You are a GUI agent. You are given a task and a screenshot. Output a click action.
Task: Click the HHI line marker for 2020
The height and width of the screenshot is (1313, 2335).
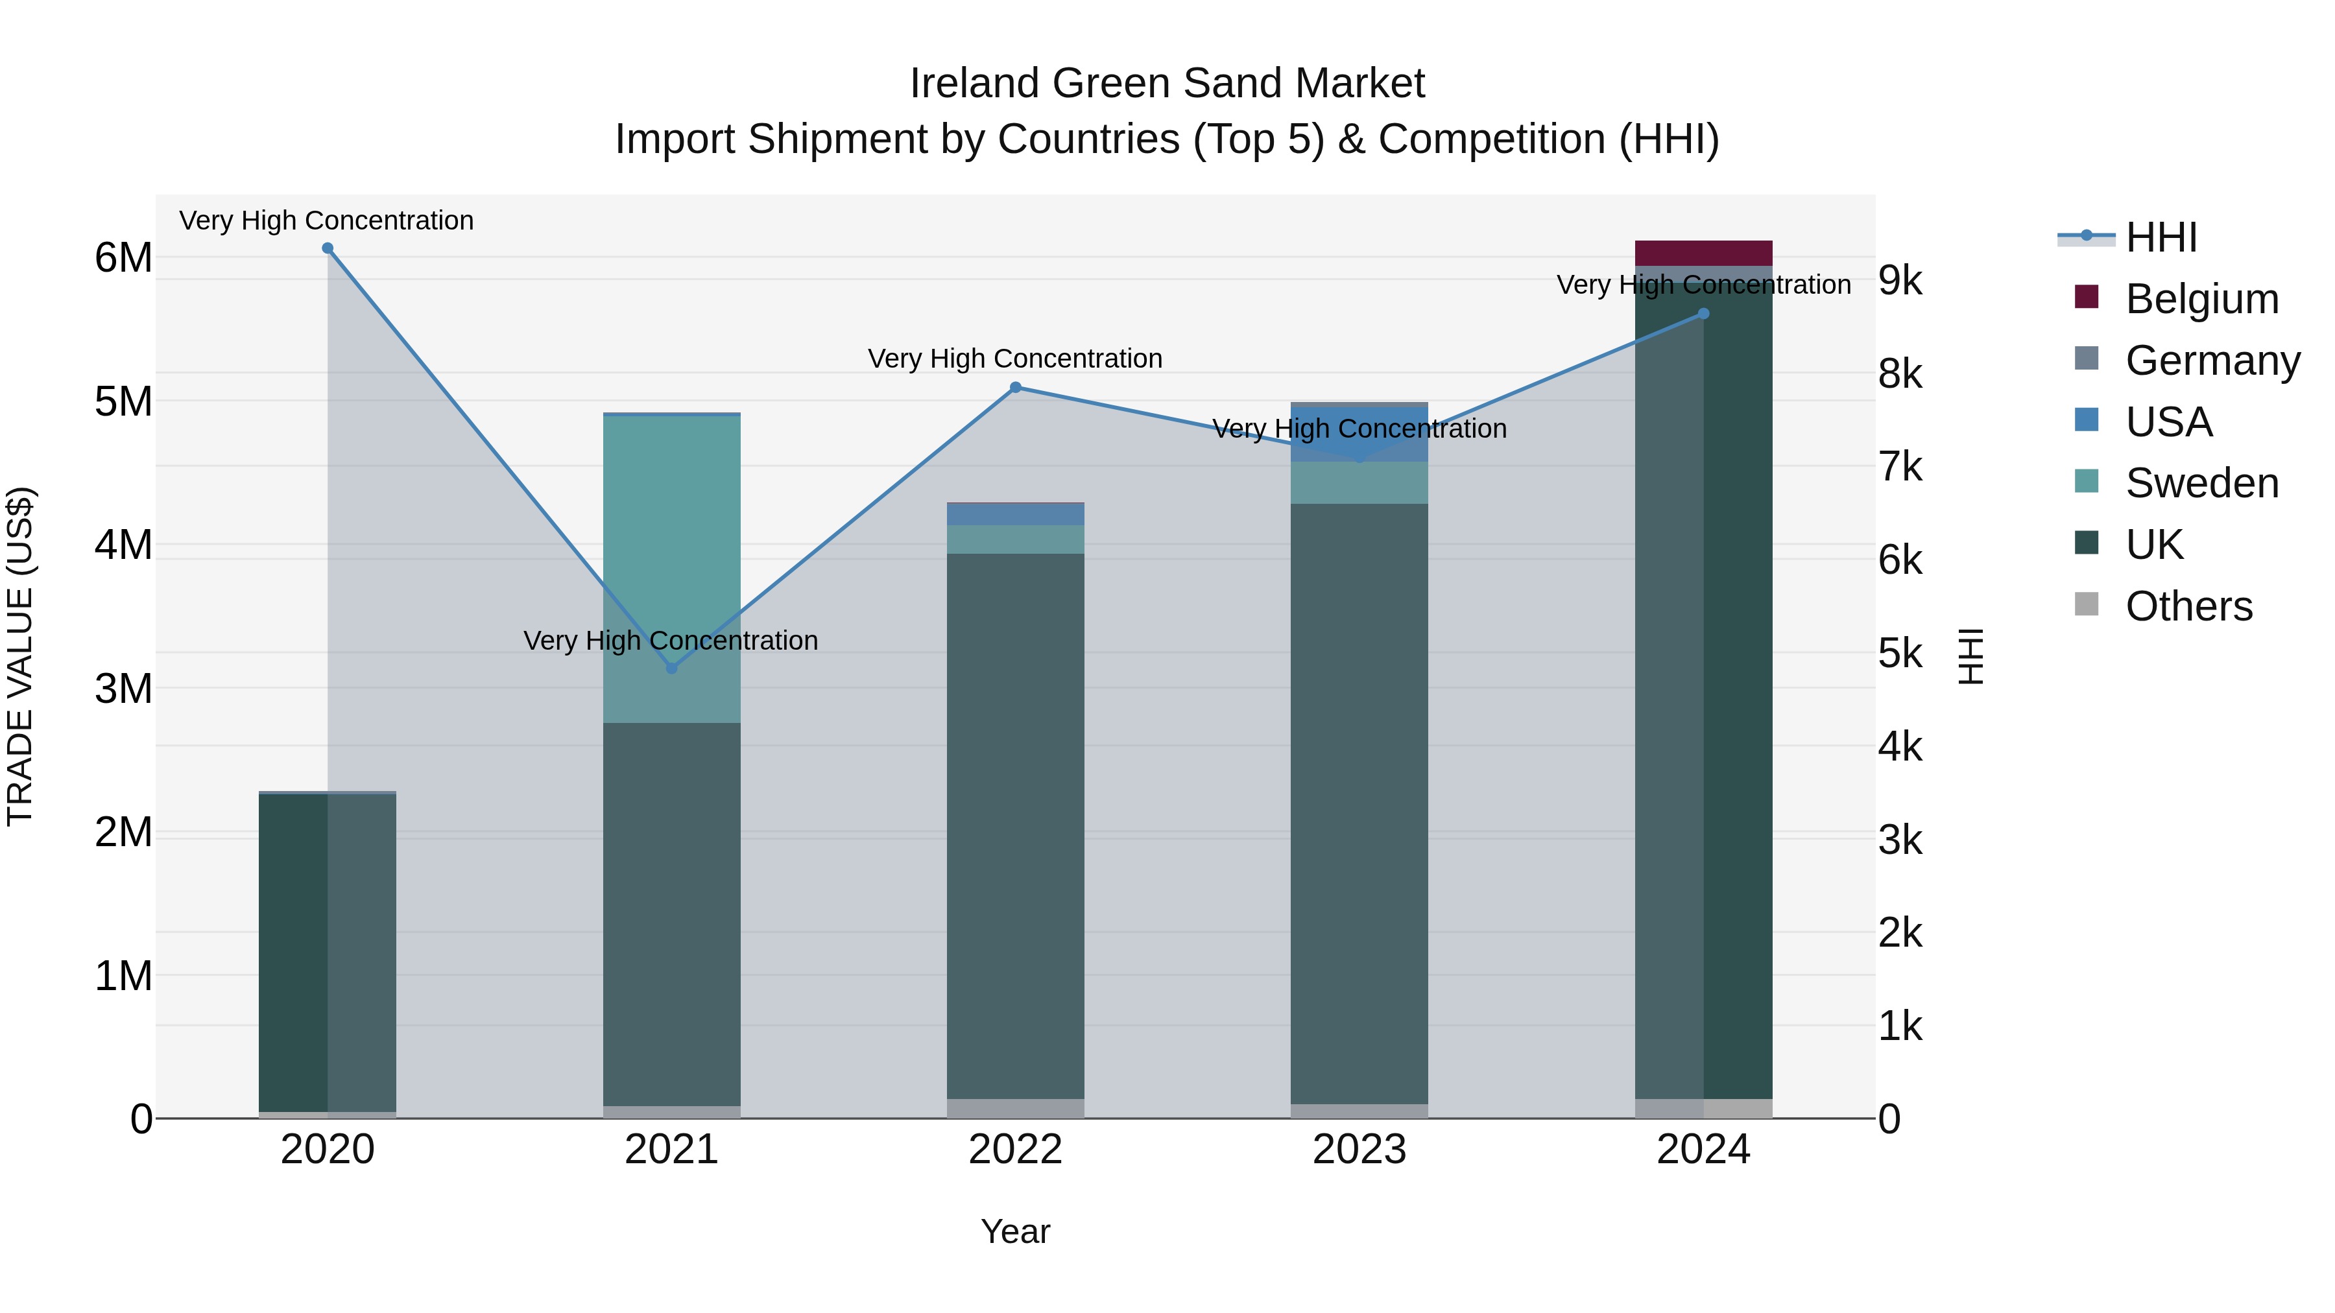[x=328, y=248]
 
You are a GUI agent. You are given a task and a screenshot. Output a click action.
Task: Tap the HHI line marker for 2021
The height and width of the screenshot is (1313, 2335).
[x=672, y=668]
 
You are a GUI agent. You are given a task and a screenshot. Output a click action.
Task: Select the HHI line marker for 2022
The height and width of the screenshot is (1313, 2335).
[x=1015, y=388]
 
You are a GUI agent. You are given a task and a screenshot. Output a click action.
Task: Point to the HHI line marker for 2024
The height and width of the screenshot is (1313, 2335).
[x=1703, y=314]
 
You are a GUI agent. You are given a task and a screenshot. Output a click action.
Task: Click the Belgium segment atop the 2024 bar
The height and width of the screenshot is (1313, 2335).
[x=1703, y=253]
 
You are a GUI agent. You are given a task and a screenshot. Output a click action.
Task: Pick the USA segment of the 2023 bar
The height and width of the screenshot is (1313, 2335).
[x=1359, y=435]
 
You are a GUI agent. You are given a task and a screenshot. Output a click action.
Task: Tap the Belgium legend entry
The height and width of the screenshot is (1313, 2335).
[x=2175, y=299]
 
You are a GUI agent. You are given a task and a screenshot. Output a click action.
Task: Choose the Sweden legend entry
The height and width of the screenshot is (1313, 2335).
[x=2175, y=483]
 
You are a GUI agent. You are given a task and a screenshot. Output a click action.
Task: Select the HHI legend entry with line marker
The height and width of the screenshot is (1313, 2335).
[x=2130, y=237]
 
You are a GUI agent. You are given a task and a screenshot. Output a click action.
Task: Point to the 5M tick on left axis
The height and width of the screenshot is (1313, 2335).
[x=123, y=401]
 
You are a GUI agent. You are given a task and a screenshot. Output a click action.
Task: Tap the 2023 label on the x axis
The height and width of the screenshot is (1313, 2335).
[x=1359, y=1150]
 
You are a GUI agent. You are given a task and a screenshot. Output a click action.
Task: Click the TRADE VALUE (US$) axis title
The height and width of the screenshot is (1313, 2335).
[x=20, y=656]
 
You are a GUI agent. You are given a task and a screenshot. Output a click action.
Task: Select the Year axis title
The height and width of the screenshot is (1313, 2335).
[x=1015, y=1231]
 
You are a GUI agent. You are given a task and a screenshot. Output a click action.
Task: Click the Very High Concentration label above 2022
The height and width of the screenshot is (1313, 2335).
[x=1015, y=359]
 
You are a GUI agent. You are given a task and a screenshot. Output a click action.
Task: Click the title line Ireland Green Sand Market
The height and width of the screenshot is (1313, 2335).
[x=1167, y=84]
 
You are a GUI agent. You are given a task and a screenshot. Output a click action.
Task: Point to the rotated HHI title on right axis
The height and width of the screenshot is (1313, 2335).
[x=1970, y=656]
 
